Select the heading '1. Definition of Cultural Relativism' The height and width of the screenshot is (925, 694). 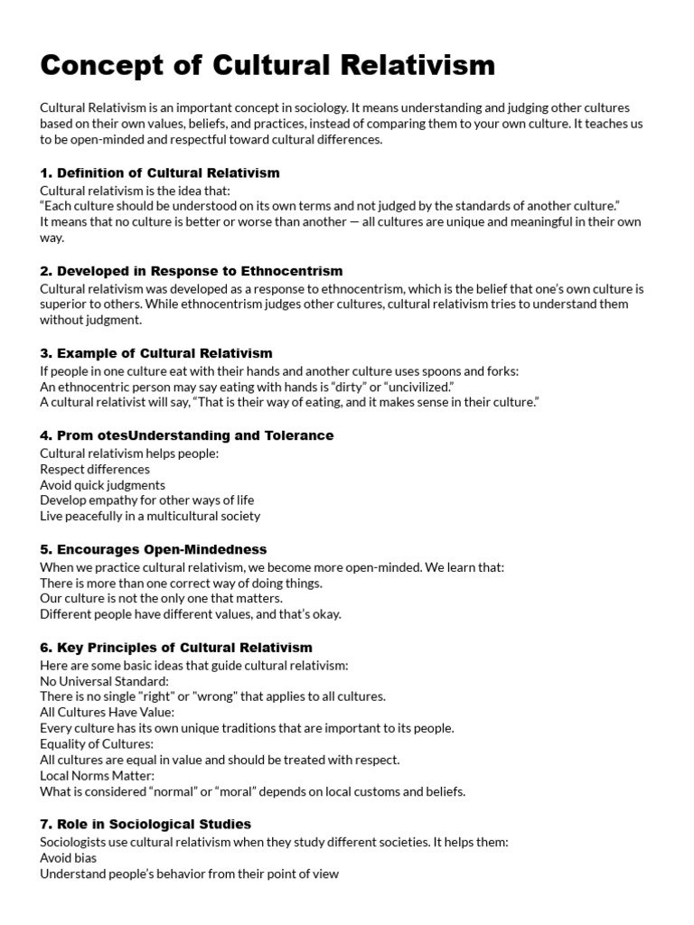click(x=160, y=173)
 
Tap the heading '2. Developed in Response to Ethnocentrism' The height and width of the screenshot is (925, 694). click(x=192, y=271)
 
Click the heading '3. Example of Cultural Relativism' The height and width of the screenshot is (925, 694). click(x=156, y=353)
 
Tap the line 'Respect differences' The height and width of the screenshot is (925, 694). click(x=95, y=469)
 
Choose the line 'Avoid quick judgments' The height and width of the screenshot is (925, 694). click(x=102, y=485)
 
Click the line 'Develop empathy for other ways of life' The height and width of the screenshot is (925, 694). click(x=147, y=500)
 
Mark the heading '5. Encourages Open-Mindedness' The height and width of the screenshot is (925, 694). click(x=154, y=549)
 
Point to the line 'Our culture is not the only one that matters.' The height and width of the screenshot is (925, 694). click(x=162, y=598)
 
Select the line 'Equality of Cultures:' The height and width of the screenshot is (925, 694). click(x=97, y=743)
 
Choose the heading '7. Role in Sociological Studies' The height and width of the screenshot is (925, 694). click(x=145, y=824)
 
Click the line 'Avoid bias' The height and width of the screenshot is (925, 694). click(x=69, y=857)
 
